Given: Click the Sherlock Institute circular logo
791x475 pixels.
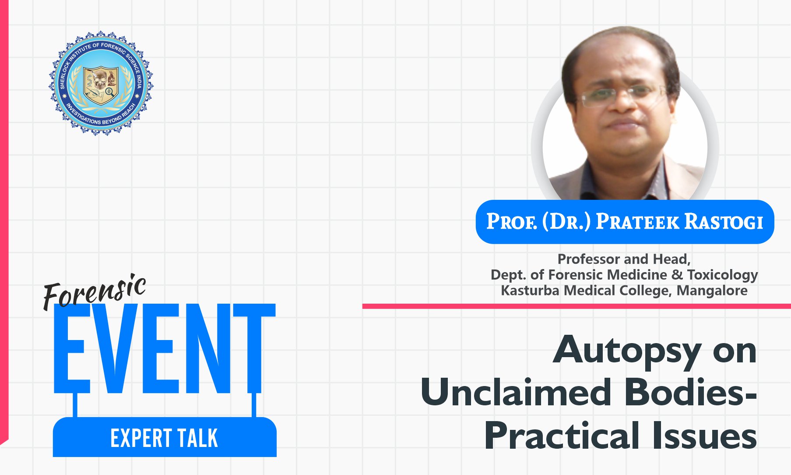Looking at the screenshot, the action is [101, 83].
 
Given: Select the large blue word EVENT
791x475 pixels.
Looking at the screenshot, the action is [165, 349].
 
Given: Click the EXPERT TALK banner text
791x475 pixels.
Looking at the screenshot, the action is [164, 438].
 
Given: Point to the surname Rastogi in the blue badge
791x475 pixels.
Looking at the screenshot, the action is [724, 222].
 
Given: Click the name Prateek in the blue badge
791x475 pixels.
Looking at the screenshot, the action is [637, 222].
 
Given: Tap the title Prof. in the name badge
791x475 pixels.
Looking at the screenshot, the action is [512, 221].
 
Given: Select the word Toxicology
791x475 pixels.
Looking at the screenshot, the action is [722, 276].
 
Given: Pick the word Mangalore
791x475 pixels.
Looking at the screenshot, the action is [712, 291].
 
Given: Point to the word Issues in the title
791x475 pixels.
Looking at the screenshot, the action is [705, 435].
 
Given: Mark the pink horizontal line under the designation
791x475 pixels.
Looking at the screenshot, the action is [577, 306].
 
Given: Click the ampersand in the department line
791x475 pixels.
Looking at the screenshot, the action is [677, 275].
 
